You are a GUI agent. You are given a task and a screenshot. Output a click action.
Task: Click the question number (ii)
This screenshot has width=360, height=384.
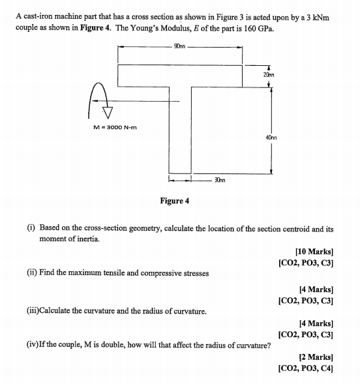point(32,273)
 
